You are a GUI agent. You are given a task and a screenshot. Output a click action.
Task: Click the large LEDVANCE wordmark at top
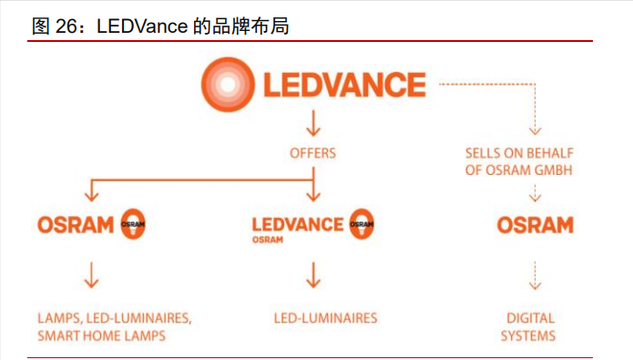(344, 85)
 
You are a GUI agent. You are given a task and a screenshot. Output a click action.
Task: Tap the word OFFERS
(312, 153)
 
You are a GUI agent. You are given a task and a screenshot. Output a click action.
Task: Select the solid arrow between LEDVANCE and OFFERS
(312, 123)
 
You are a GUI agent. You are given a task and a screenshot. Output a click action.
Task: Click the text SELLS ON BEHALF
(519, 153)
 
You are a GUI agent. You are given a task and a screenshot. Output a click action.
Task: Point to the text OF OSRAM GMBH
(519, 170)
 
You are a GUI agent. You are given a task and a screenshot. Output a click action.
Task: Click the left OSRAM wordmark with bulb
(76, 224)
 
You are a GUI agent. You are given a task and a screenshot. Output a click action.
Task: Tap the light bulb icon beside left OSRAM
(132, 224)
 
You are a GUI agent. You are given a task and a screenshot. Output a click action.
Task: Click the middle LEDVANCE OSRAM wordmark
(298, 223)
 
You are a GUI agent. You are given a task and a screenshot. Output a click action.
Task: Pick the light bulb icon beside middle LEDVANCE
(362, 223)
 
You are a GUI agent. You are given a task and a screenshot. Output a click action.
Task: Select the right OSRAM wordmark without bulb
(535, 224)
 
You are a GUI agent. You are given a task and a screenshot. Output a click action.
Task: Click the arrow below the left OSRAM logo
(90, 273)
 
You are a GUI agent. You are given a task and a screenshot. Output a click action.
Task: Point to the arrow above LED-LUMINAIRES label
(312, 273)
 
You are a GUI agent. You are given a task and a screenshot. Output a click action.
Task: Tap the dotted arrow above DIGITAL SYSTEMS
(535, 273)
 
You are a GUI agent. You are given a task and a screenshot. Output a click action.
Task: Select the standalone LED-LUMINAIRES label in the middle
(325, 318)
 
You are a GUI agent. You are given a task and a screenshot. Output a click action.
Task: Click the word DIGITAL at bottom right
(530, 318)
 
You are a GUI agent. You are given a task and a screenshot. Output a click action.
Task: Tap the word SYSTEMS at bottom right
(530, 335)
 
